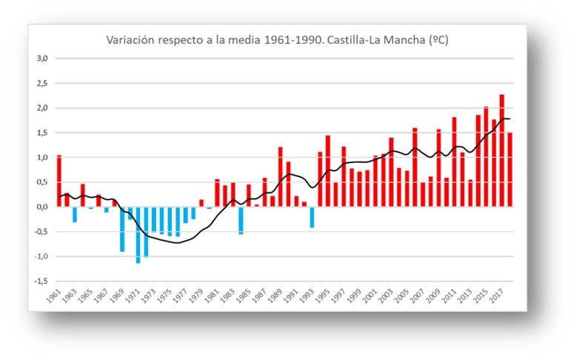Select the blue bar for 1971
pos(138,235)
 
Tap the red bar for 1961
pos(59,181)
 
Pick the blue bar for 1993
pos(312,217)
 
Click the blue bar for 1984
pos(241,221)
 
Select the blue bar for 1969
pos(122,230)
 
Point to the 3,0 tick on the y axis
pos(43,59)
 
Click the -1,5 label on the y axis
pos(41,281)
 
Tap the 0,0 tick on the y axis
pos(43,207)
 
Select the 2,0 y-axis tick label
pos(43,108)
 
